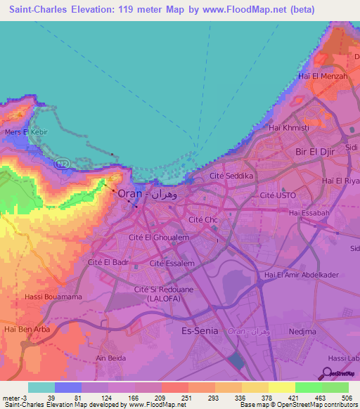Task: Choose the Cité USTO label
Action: click(x=279, y=195)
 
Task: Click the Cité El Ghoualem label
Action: click(x=160, y=238)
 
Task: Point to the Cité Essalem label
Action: click(x=172, y=263)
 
